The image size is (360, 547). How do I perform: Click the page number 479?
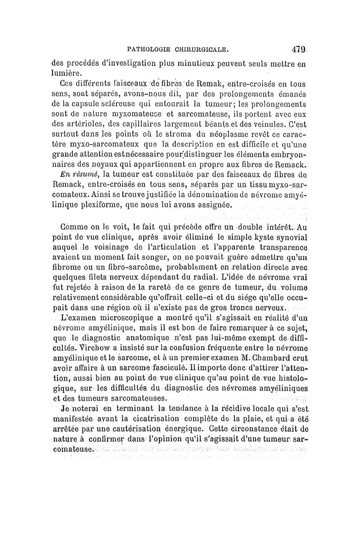click(299, 49)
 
